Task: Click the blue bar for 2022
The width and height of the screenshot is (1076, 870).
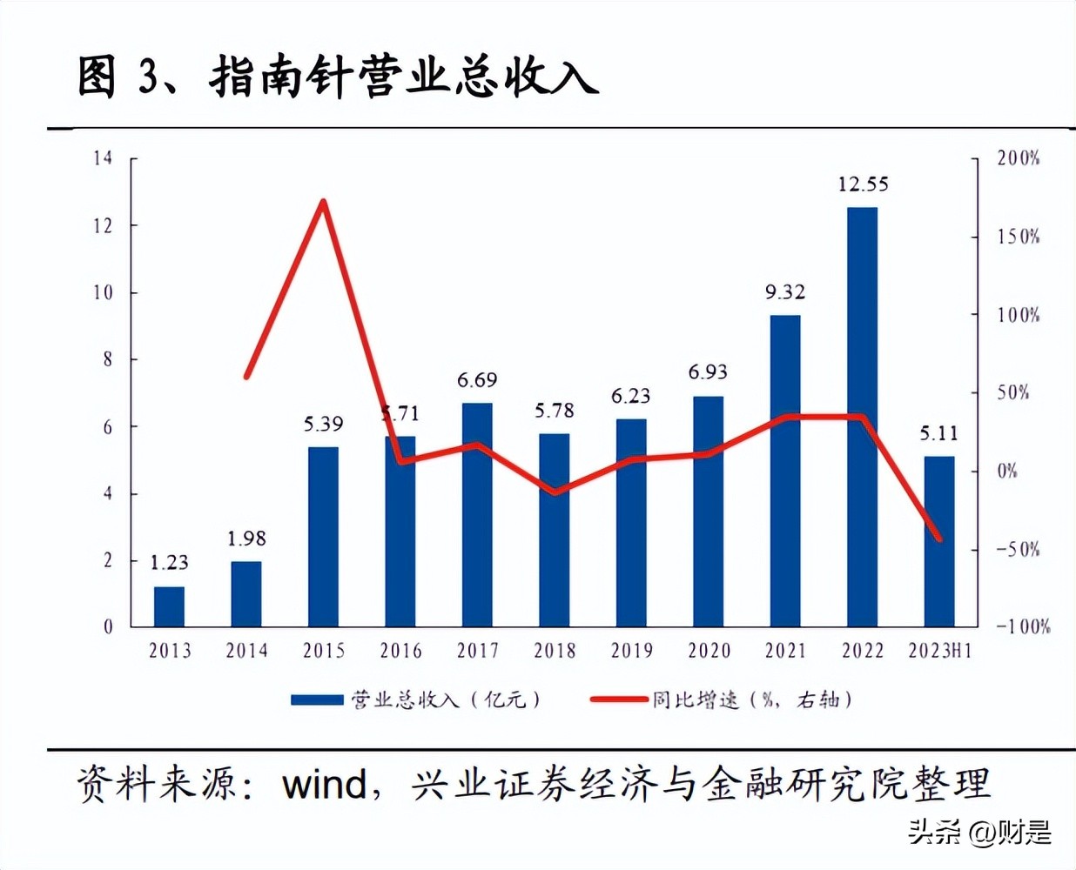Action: tap(862, 418)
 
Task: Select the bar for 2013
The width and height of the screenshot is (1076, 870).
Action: tap(169, 606)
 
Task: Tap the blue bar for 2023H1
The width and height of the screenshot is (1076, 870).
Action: tap(938, 541)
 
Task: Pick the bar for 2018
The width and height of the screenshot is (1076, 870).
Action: tap(554, 530)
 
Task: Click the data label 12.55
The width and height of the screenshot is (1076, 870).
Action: tap(863, 184)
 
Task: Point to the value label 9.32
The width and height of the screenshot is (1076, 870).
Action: tap(785, 292)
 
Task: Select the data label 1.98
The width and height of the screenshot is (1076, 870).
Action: tap(246, 539)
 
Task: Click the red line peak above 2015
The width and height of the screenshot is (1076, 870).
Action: tap(324, 202)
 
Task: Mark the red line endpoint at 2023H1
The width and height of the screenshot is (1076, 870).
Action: tap(939, 539)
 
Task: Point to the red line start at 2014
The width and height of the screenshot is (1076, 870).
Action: tap(246, 377)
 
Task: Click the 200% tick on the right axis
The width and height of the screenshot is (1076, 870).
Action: tap(1018, 158)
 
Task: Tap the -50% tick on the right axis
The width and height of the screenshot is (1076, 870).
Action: tap(1018, 549)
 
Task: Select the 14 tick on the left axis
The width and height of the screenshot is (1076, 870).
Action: tap(103, 158)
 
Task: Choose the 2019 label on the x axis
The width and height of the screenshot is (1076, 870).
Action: tap(631, 651)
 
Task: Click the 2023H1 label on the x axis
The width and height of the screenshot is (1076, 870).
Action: tap(939, 651)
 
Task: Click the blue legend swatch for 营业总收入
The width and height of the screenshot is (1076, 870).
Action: tap(317, 699)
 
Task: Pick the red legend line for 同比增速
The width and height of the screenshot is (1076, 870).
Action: tap(618, 699)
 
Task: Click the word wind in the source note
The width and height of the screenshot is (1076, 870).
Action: tap(325, 785)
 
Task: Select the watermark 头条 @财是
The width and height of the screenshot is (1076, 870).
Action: tap(979, 833)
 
